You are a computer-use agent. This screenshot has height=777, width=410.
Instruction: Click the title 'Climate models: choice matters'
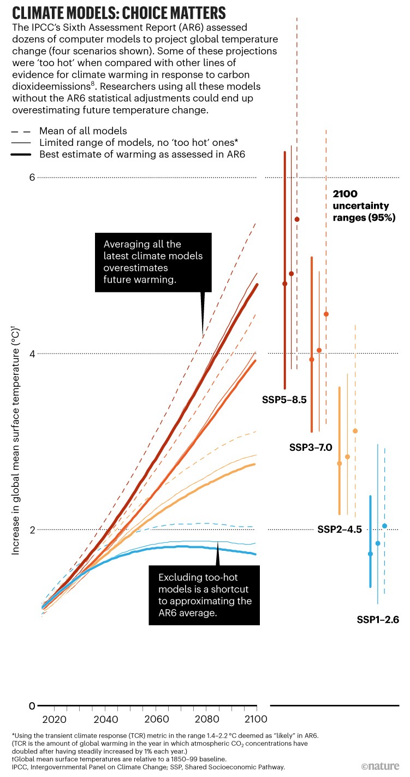pyautogui.click(x=114, y=12)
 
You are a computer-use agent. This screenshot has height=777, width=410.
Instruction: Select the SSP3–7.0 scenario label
pyautogui.click(x=311, y=448)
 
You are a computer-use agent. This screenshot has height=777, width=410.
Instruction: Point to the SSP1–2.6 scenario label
pyautogui.click(x=378, y=620)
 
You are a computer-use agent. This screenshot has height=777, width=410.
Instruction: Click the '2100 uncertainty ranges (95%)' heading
pyautogui.click(x=361, y=205)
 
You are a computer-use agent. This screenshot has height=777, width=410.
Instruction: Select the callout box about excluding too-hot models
pyautogui.click(x=204, y=595)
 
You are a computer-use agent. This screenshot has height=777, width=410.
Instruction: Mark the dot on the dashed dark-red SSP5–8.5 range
pyautogui.click(x=297, y=219)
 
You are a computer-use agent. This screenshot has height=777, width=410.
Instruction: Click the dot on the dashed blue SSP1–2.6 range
pyautogui.click(x=384, y=526)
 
